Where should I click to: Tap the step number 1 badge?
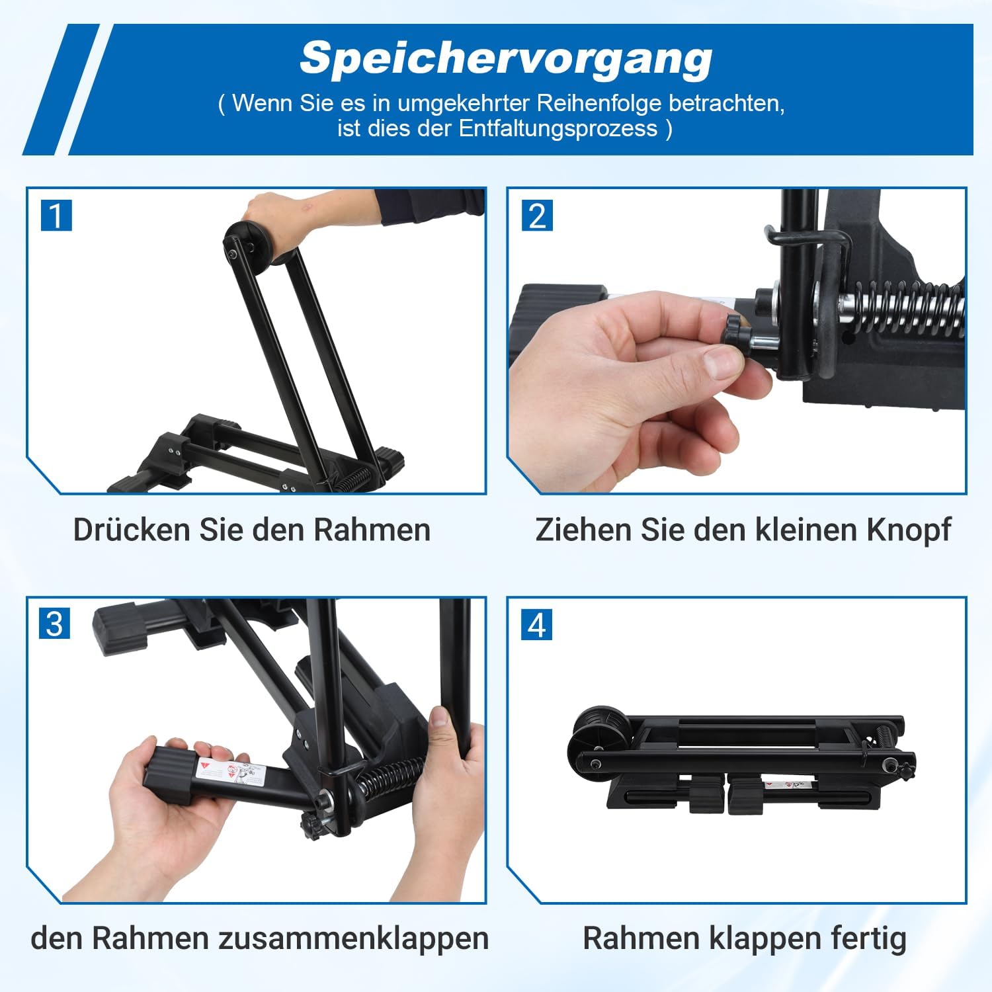[x=56, y=216]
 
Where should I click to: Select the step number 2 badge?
[x=537, y=216]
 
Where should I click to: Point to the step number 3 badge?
[x=55, y=624]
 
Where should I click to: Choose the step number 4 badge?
[x=537, y=624]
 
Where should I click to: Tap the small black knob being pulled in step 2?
[x=735, y=331]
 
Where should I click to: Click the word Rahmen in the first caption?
[x=372, y=530]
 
